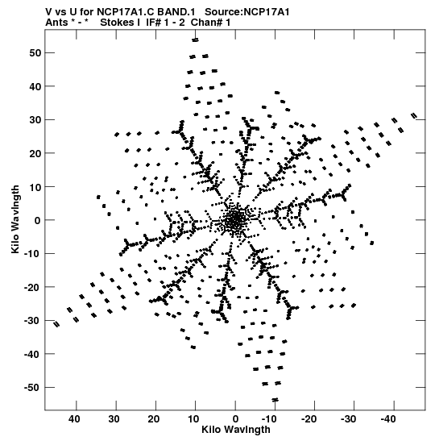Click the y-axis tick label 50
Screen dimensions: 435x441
coord(35,53)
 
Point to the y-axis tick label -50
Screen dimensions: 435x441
coord(32,388)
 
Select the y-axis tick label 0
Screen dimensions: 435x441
coord(38,220)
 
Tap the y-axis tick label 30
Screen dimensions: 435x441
coord(35,120)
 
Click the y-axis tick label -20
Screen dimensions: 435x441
coord(32,287)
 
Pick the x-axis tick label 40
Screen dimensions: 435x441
coord(74,419)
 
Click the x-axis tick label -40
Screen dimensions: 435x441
coord(387,419)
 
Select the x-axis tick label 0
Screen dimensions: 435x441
coord(235,419)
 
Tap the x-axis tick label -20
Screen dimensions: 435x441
coord(309,419)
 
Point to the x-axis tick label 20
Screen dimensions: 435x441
coord(153,419)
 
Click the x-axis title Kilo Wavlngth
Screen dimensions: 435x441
coord(236,430)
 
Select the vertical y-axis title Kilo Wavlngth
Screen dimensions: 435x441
coord(15,219)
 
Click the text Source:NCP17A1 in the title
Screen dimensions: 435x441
coord(247,12)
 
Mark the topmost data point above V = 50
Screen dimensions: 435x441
coord(195,40)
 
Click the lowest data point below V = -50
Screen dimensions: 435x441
coord(275,400)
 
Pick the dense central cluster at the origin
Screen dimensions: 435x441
coord(235,220)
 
